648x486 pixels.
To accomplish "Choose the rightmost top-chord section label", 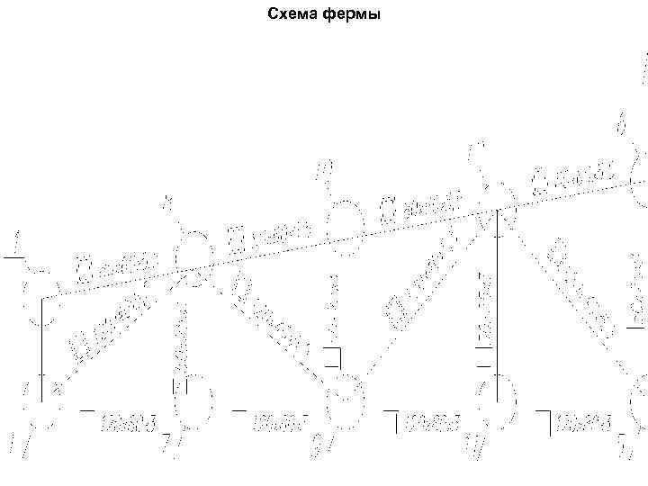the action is click(572, 176).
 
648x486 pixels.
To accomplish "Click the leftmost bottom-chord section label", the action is click(127, 419).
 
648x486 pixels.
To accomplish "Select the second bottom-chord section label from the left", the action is click(280, 419).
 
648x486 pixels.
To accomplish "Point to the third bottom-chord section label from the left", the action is click(432, 419).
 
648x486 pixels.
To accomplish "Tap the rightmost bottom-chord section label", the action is click(585, 419).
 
